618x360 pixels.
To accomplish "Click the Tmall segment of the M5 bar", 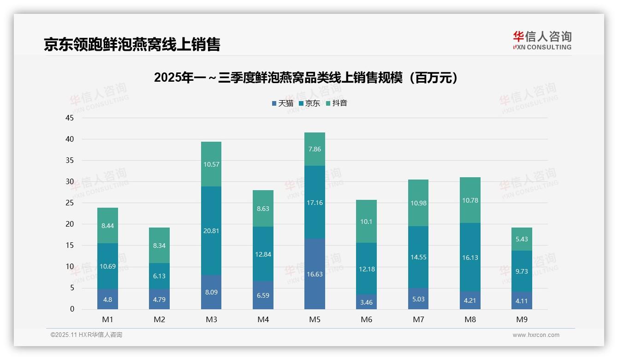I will (x=315, y=274).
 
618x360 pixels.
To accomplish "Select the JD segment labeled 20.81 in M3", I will (x=211, y=231).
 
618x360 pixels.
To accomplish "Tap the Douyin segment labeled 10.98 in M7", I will (x=418, y=203).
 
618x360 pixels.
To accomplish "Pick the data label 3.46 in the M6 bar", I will (x=367, y=302).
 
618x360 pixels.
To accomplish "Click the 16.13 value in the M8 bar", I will (x=470, y=258).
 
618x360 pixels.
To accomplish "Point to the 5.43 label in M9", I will (x=522, y=239).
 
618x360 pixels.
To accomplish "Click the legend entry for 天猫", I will (x=283, y=103).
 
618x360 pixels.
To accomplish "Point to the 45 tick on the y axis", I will (x=70, y=118).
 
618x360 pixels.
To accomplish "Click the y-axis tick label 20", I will (x=70, y=224).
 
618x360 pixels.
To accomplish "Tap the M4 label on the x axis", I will (x=263, y=319).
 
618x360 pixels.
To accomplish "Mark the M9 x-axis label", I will (x=522, y=319).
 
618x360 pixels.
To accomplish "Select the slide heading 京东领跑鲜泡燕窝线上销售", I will (x=132, y=44).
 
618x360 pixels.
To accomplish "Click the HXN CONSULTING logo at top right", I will (x=542, y=41).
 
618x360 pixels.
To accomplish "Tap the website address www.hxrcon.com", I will (x=536, y=335).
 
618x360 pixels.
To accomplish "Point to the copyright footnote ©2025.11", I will (x=86, y=335).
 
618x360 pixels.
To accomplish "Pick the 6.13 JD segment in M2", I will (x=159, y=276).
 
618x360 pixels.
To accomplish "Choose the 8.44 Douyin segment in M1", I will (x=107, y=226).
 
